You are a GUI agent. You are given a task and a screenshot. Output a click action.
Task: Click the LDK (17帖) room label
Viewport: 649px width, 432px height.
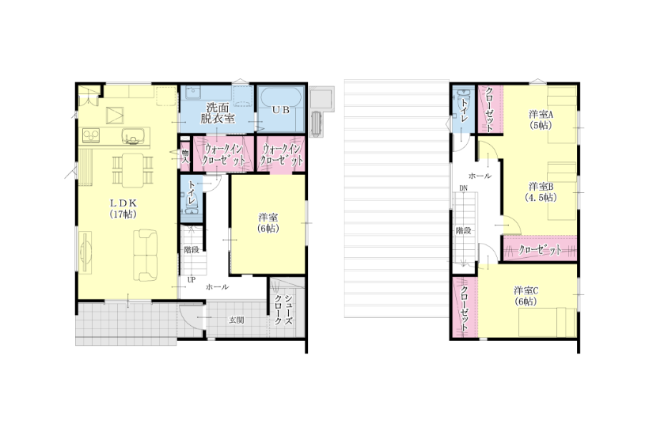tap(123, 209)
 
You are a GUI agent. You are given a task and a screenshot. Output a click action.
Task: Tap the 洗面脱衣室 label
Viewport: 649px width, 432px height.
tap(218, 113)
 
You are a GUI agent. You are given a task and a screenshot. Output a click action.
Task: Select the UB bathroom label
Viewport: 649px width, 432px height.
tap(281, 111)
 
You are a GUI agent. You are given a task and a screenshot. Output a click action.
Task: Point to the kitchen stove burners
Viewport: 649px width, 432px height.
tap(91, 135)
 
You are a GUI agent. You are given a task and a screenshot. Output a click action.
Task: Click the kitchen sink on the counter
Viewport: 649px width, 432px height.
tap(133, 136)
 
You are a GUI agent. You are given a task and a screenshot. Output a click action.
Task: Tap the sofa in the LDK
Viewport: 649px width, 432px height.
tap(146, 256)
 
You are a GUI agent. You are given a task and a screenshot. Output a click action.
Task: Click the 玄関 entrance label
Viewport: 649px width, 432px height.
tap(237, 320)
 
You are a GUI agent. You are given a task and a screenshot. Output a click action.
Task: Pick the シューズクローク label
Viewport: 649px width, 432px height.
tap(283, 309)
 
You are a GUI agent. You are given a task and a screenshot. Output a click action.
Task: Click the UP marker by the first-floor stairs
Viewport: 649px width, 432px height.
tap(192, 280)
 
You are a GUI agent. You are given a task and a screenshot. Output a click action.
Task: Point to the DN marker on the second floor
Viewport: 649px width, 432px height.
tap(463, 188)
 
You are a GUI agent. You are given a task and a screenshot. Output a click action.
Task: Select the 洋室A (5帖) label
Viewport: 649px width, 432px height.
tap(541, 119)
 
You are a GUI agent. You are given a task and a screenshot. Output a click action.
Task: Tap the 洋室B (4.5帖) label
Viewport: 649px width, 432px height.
tap(540, 192)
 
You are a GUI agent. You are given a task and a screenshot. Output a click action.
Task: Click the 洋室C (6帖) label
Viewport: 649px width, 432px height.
tap(526, 296)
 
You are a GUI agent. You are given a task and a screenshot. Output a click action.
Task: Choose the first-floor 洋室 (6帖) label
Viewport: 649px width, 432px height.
tap(268, 222)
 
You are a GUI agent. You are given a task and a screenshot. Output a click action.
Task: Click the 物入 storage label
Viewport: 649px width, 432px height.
tap(185, 156)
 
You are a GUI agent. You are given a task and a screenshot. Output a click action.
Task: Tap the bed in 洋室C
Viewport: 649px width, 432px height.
tap(548, 322)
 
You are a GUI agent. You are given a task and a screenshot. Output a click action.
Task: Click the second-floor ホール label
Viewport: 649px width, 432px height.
tap(480, 176)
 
